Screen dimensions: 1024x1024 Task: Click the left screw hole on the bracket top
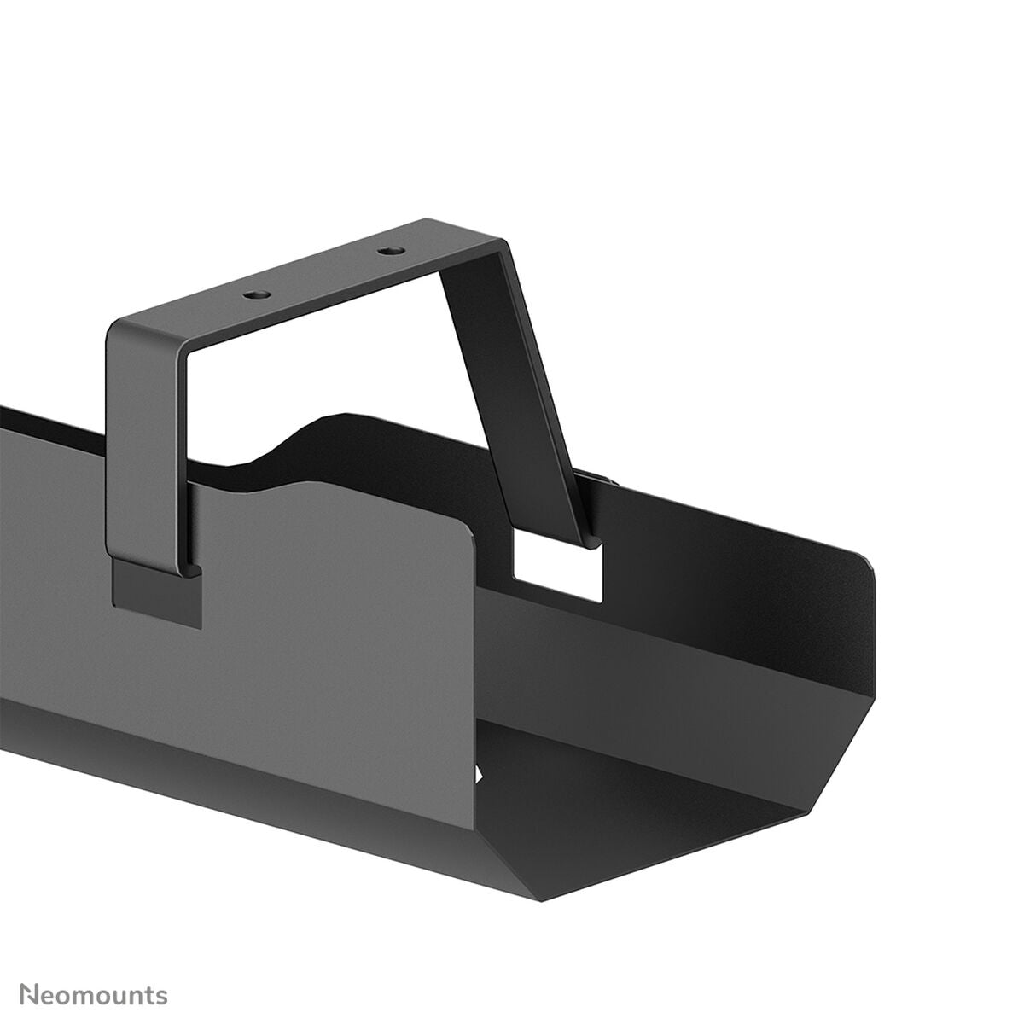[x=253, y=294]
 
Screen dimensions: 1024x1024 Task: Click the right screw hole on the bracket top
[x=391, y=252]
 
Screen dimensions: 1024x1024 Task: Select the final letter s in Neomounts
[x=162, y=972]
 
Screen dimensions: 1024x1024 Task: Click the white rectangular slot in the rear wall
[x=559, y=570]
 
